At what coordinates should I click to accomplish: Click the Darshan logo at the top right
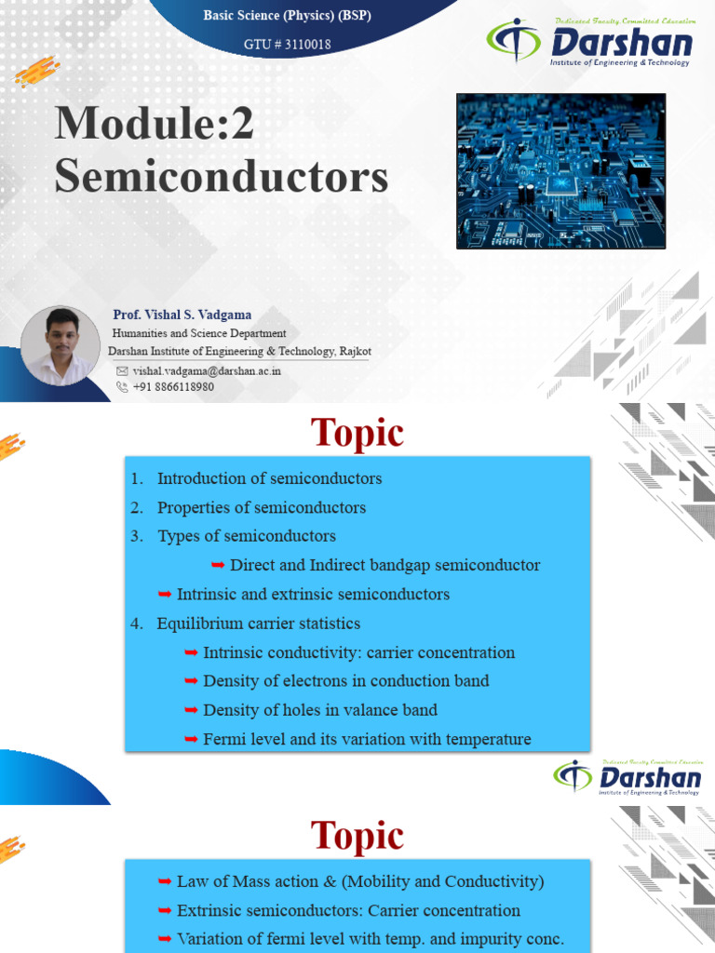point(590,43)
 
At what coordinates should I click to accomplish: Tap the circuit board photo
point(560,171)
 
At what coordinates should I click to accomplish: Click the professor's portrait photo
point(61,345)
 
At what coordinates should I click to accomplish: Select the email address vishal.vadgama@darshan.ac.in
point(207,370)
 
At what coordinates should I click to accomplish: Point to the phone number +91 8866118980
point(173,387)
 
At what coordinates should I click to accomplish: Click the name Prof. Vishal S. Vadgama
point(182,315)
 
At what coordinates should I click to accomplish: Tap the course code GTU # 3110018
point(287,44)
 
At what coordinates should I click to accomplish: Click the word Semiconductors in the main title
point(221,176)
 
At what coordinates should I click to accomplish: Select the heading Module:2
point(154,125)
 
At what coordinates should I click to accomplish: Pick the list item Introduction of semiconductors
point(269,478)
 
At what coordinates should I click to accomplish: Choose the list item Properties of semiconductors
point(261,507)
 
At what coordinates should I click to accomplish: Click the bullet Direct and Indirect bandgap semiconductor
point(384,565)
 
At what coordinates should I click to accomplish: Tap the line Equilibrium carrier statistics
point(258,623)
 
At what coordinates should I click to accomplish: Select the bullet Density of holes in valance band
point(319,710)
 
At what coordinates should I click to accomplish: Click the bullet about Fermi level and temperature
point(367,739)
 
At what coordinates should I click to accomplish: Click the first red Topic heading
point(357,433)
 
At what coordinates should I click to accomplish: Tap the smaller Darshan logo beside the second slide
point(627,777)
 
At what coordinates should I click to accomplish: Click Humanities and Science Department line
point(199,333)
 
